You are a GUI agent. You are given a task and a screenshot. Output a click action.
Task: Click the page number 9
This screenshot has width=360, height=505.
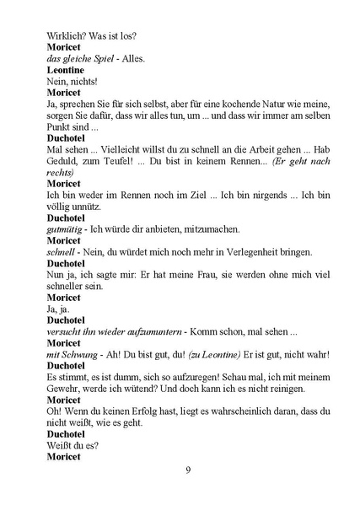coord(188,470)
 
